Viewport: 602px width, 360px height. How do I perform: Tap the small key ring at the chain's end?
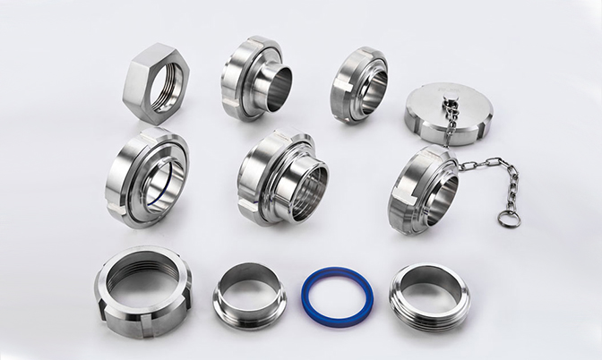(510, 218)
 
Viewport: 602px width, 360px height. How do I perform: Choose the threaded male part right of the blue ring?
(429, 296)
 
